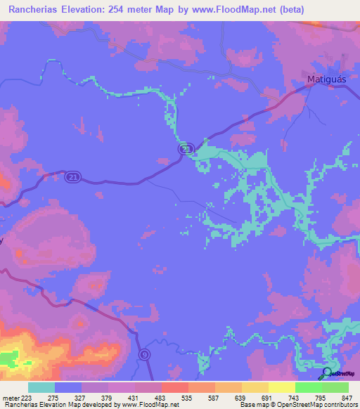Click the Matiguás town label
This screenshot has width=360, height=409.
coord(327,80)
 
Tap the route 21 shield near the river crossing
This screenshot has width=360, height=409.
coord(185,150)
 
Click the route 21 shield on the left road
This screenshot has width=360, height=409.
coord(74,178)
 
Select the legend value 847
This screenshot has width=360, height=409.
coord(345,397)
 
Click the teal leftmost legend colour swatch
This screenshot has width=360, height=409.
coord(41,387)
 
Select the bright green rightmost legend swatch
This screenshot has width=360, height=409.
coord(335,387)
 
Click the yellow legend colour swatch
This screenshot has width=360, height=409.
coord(282,387)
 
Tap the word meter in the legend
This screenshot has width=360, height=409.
coord(9,397)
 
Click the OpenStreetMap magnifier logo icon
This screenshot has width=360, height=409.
coord(327,372)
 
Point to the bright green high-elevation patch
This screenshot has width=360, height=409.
coord(6,358)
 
